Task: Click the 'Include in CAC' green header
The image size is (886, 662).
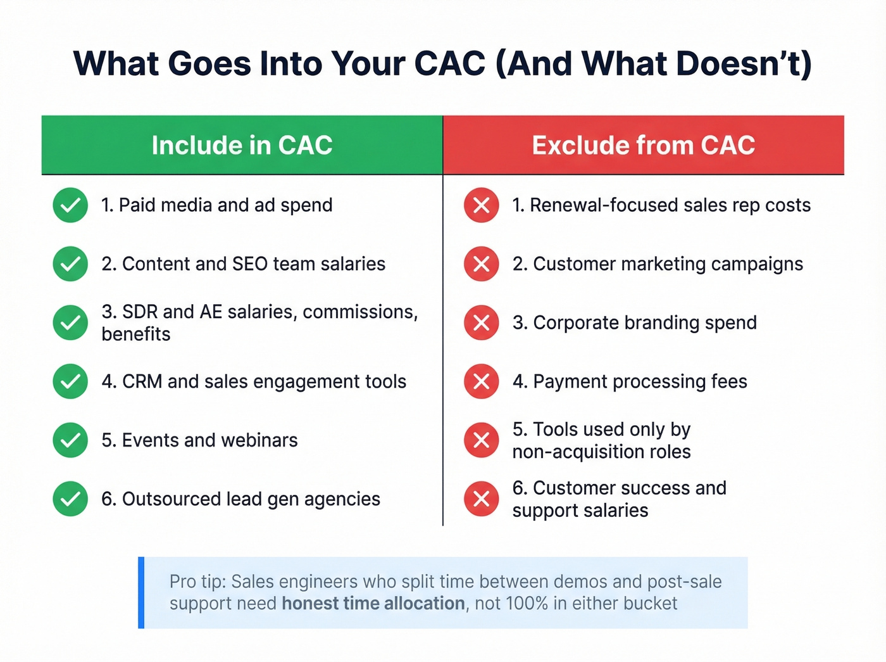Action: coord(242,145)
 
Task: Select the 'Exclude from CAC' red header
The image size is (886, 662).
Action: coord(643,145)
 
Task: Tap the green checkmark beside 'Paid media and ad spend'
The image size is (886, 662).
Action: coord(70,205)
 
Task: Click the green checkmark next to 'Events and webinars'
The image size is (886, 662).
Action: coord(70,440)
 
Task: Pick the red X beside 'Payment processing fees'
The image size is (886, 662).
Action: coord(481,381)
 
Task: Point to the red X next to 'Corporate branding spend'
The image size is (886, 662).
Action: coord(481,322)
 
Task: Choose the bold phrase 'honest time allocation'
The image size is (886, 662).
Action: coord(373,604)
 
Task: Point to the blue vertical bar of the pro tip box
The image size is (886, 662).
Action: coord(141,592)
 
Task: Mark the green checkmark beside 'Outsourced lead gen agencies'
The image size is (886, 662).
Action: coord(70,499)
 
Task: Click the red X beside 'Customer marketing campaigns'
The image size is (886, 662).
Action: coord(481,264)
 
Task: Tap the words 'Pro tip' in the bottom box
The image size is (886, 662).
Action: coord(196,582)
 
